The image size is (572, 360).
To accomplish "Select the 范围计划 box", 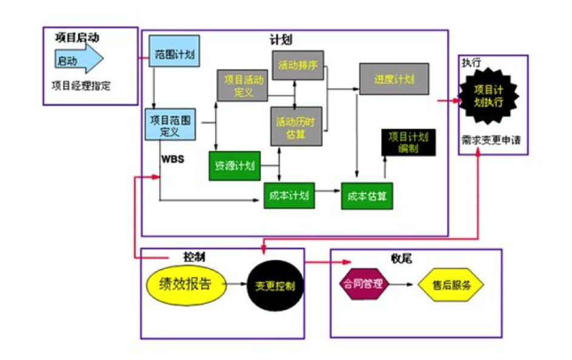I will (x=174, y=55).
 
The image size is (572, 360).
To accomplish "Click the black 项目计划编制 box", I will (x=408, y=142).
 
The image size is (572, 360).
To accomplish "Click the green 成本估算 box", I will (x=367, y=196).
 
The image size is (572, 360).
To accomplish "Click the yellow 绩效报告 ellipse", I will (x=184, y=284).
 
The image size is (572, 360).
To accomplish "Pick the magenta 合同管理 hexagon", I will (x=362, y=284).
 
